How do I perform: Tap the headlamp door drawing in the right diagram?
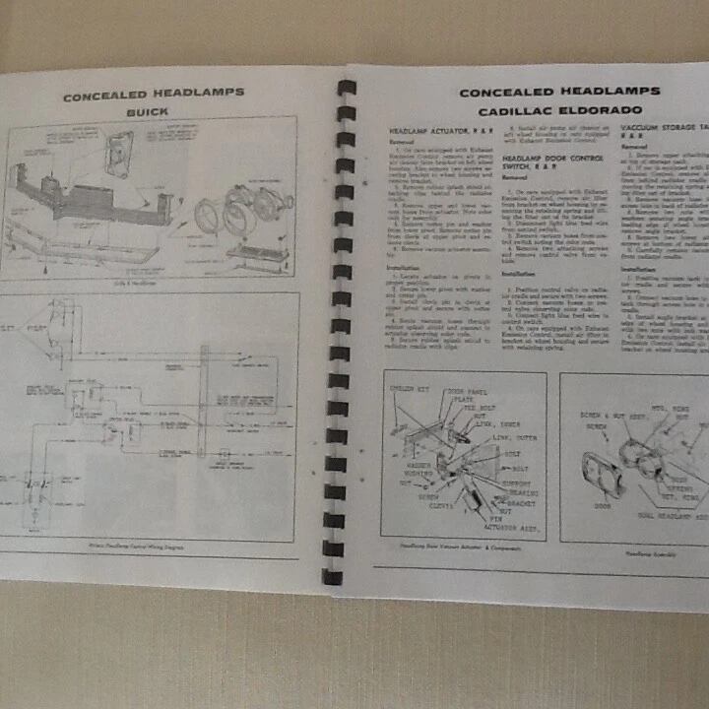[600, 474]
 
